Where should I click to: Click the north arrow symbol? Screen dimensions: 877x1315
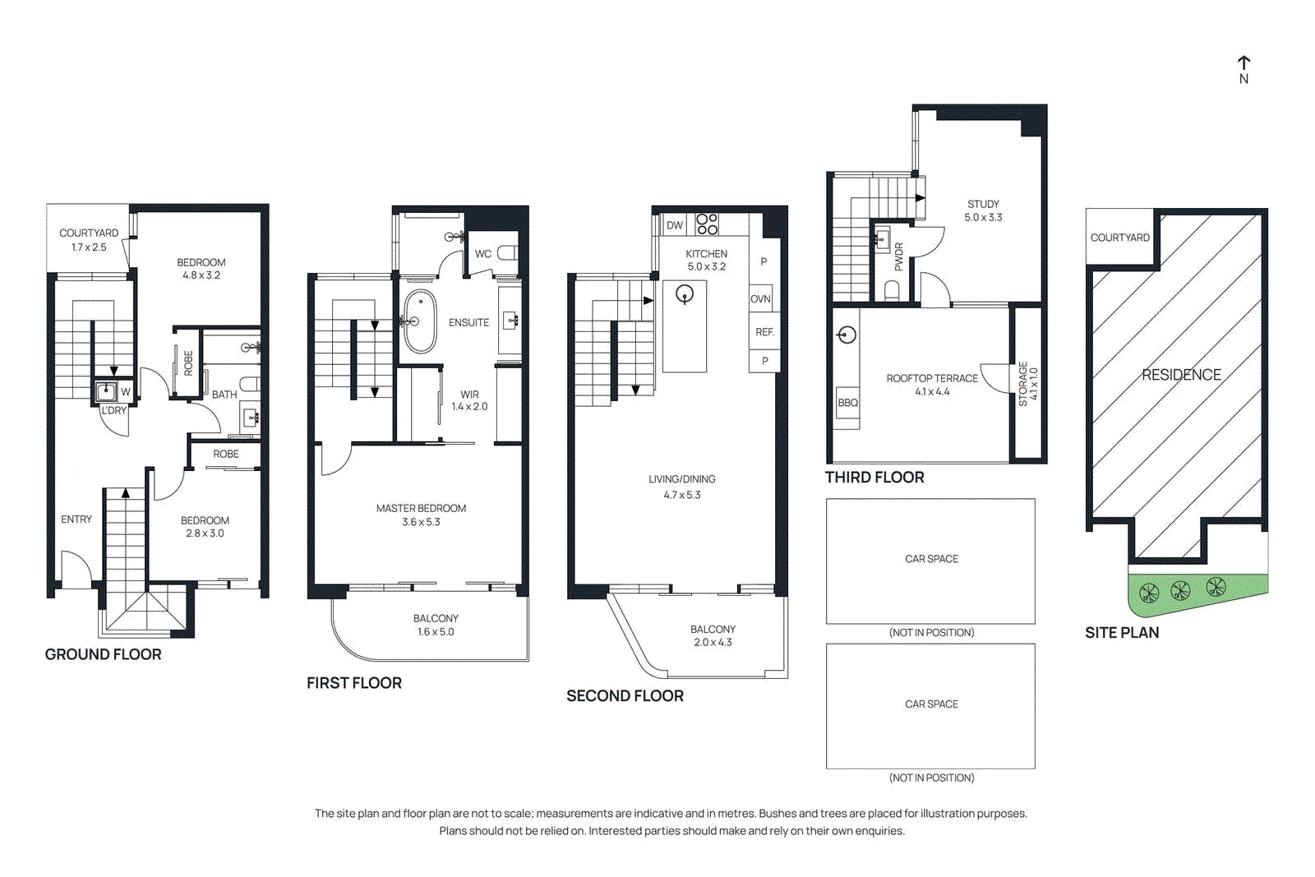pyautogui.click(x=1243, y=64)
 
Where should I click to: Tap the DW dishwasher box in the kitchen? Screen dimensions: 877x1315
pyautogui.click(x=675, y=225)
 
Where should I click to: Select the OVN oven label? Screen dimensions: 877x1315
pyautogui.click(x=760, y=299)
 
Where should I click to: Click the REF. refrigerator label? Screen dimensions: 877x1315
pyautogui.click(x=764, y=332)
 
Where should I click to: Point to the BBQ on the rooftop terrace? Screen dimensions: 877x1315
pyautogui.click(x=847, y=403)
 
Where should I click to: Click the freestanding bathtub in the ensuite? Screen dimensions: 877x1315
pyautogui.click(x=420, y=321)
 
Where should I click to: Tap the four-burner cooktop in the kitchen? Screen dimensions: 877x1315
pyautogui.click(x=707, y=224)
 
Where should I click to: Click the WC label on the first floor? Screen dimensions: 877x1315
pyautogui.click(x=483, y=254)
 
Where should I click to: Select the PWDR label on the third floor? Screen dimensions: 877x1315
pyautogui.click(x=898, y=256)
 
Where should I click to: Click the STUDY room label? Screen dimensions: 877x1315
pyautogui.click(x=983, y=204)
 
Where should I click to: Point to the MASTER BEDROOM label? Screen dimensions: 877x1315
pyautogui.click(x=421, y=509)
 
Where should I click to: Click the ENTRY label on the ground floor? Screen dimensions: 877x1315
pyautogui.click(x=76, y=519)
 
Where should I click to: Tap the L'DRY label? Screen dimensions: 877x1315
pyautogui.click(x=114, y=410)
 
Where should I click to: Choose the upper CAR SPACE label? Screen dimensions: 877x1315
pyautogui.click(x=931, y=559)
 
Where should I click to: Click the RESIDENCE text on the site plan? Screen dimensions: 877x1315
pyautogui.click(x=1181, y=375)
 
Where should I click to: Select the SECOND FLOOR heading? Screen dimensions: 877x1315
pyautogui.click(x=625, y=696)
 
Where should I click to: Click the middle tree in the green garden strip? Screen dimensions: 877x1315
pyautogui.click(x=1180, y=590)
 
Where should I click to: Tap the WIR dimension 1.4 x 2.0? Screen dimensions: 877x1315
pyautogui.click(x=469, y=407)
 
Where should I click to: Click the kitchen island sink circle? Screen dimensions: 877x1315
pyautogui.click(x=685, y=293)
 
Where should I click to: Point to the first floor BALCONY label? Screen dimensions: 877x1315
pyautogui.click(x=436, y=618)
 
